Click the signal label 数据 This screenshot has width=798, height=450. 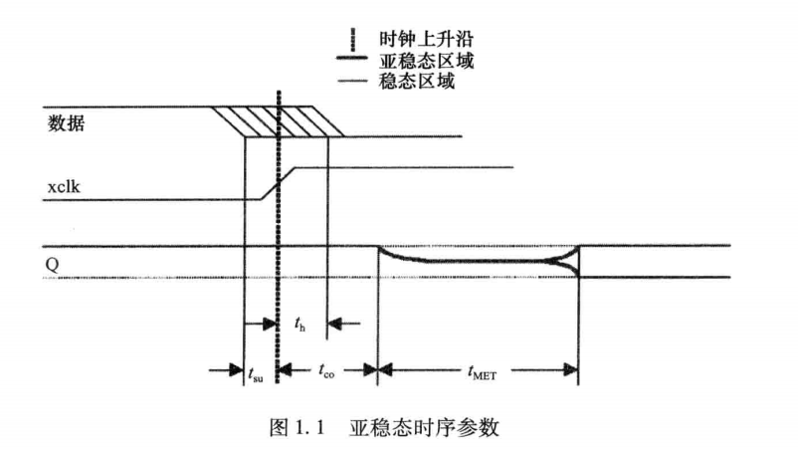point(66,123)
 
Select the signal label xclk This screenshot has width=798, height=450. point(65,187)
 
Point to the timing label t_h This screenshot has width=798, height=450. point(301,324)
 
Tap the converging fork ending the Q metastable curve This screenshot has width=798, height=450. point(570,262)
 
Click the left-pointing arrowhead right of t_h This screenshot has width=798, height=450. point(335,323)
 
